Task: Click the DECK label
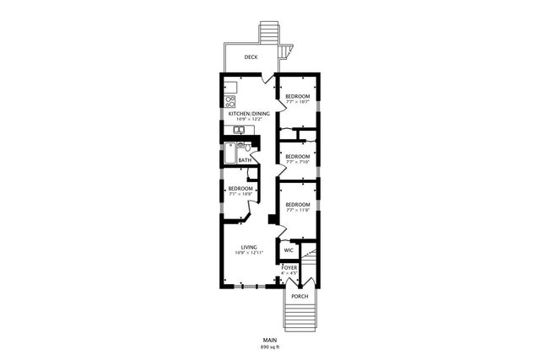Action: (x=251, y=57)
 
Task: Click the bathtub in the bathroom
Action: (x=229, y=153)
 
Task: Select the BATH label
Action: (x=245, y=160)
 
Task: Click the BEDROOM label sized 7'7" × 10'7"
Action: (x=297, y=97)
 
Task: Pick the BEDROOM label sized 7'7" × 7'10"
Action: (x=297, y=157)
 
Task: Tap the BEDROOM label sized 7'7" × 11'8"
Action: (x=297, y=205)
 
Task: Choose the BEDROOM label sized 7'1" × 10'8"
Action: (x=240, y=189)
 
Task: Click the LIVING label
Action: (x=248, y=247)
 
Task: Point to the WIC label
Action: (x=289, y=250)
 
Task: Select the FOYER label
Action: (x=289, y=268)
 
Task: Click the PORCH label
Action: (x=299, y=297)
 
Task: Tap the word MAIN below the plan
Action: (x=269, y=340)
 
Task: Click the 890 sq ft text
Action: (x=269, y=347)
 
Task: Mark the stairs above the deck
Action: (x=268, y=31)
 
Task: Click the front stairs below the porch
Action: (x=299, y=319)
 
